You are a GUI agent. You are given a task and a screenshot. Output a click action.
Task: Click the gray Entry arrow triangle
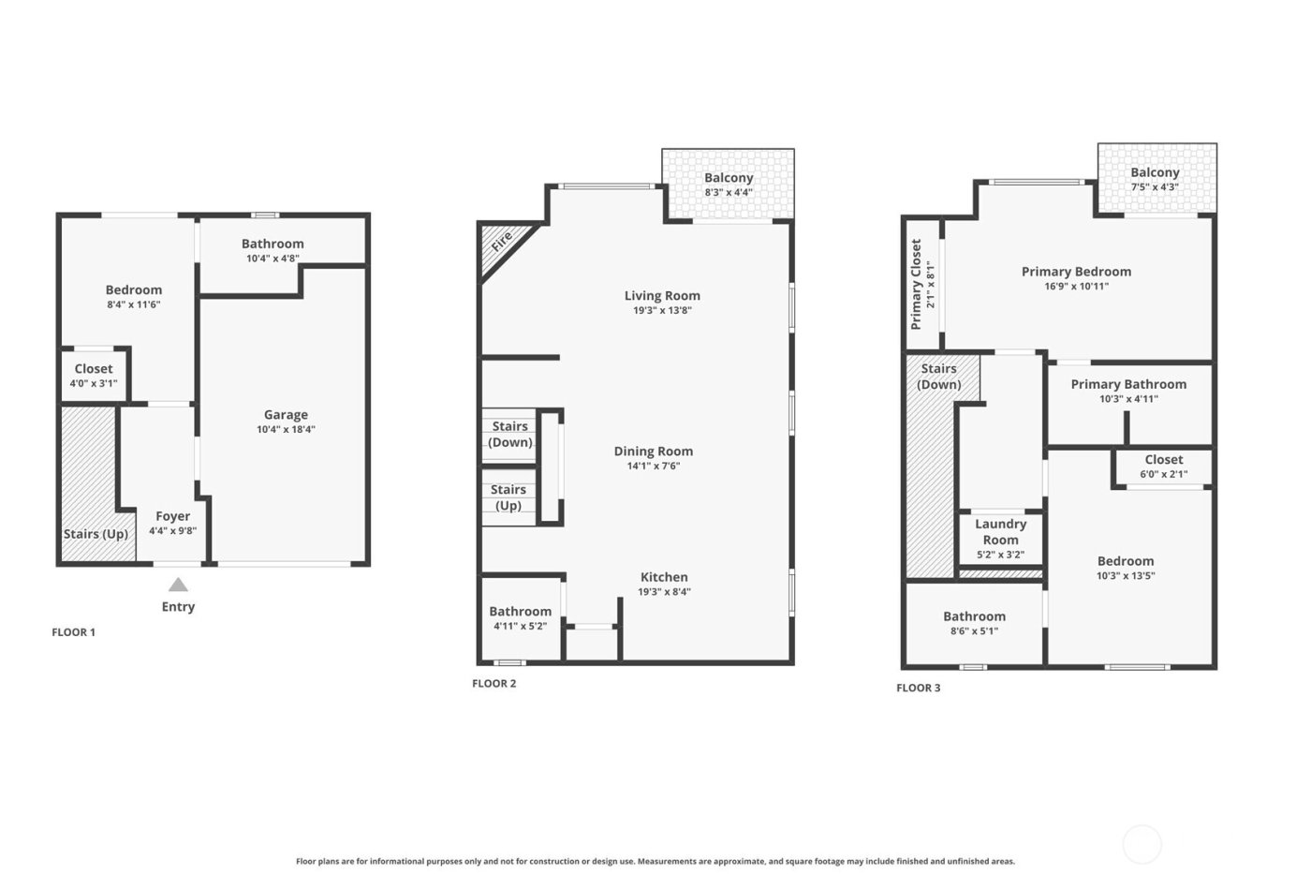click(x=178, y=585)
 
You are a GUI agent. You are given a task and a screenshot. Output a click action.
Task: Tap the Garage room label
click(x=286, y=414)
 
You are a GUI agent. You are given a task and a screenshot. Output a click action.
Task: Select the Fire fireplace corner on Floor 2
click(x=501, y=243)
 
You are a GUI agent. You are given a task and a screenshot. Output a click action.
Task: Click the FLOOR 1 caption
click(x=73, y=632)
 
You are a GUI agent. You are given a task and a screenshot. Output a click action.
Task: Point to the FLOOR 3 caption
click(x=918, y=688)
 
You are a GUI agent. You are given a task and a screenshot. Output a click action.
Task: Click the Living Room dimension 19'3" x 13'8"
click(x=662, y=311)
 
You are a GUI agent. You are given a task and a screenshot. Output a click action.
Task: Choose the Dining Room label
click(x=653, y=451)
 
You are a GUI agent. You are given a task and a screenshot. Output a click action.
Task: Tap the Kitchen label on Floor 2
click(x=664, y=577)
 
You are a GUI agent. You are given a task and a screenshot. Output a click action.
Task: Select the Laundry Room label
click(x=1000, y=532)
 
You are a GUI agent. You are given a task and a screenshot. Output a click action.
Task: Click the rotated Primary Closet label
click(x=916, y=284)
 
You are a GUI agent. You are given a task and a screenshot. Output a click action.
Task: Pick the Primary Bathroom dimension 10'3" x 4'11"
click(x=1128, y=399)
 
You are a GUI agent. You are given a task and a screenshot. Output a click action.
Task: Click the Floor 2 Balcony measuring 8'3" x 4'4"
click(x=729, y=185)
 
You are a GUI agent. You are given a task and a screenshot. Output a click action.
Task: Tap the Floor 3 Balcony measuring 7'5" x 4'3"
click(x=1155, y=179)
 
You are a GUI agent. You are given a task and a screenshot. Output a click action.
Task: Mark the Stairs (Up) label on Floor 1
click(x=96, y=534)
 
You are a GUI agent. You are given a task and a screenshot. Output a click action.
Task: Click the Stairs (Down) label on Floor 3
click(x=938, y=377)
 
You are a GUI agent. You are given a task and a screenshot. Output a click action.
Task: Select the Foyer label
click(x=172, y=516)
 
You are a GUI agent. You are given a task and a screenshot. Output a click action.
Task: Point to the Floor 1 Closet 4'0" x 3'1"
click(x=94, y=376)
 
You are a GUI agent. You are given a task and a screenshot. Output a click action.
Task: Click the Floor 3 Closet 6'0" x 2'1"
click(x=1163, y=467)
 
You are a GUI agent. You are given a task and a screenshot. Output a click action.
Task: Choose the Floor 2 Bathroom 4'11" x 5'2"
click(x=520, y=618)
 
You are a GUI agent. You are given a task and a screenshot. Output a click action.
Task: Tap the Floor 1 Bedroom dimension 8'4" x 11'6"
click(x=134, y=305)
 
